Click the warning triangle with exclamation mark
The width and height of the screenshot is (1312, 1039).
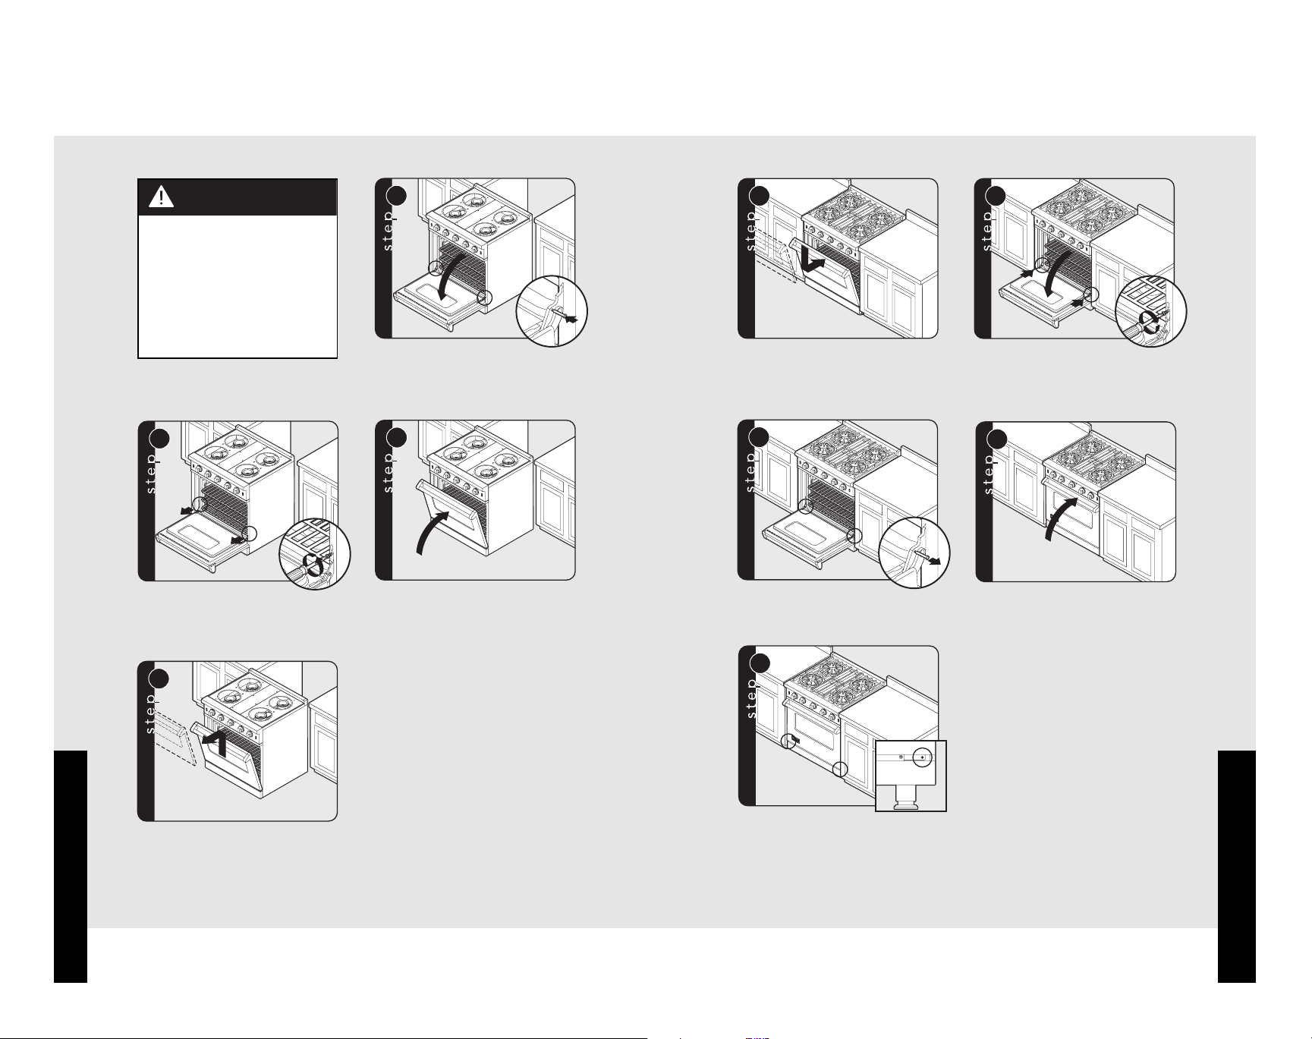pyautogui.click(x=162, y=197)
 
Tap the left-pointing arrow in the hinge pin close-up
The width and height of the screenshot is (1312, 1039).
pyautogui.click(x=570, y=319)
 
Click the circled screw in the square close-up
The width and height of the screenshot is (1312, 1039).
pyautogui.click(x=922, y=757)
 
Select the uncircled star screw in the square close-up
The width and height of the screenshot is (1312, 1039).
pyautogui.click(x=900, y=757)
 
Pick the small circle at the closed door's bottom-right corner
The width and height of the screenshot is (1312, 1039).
pyautogui.click(x=839, y=769)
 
